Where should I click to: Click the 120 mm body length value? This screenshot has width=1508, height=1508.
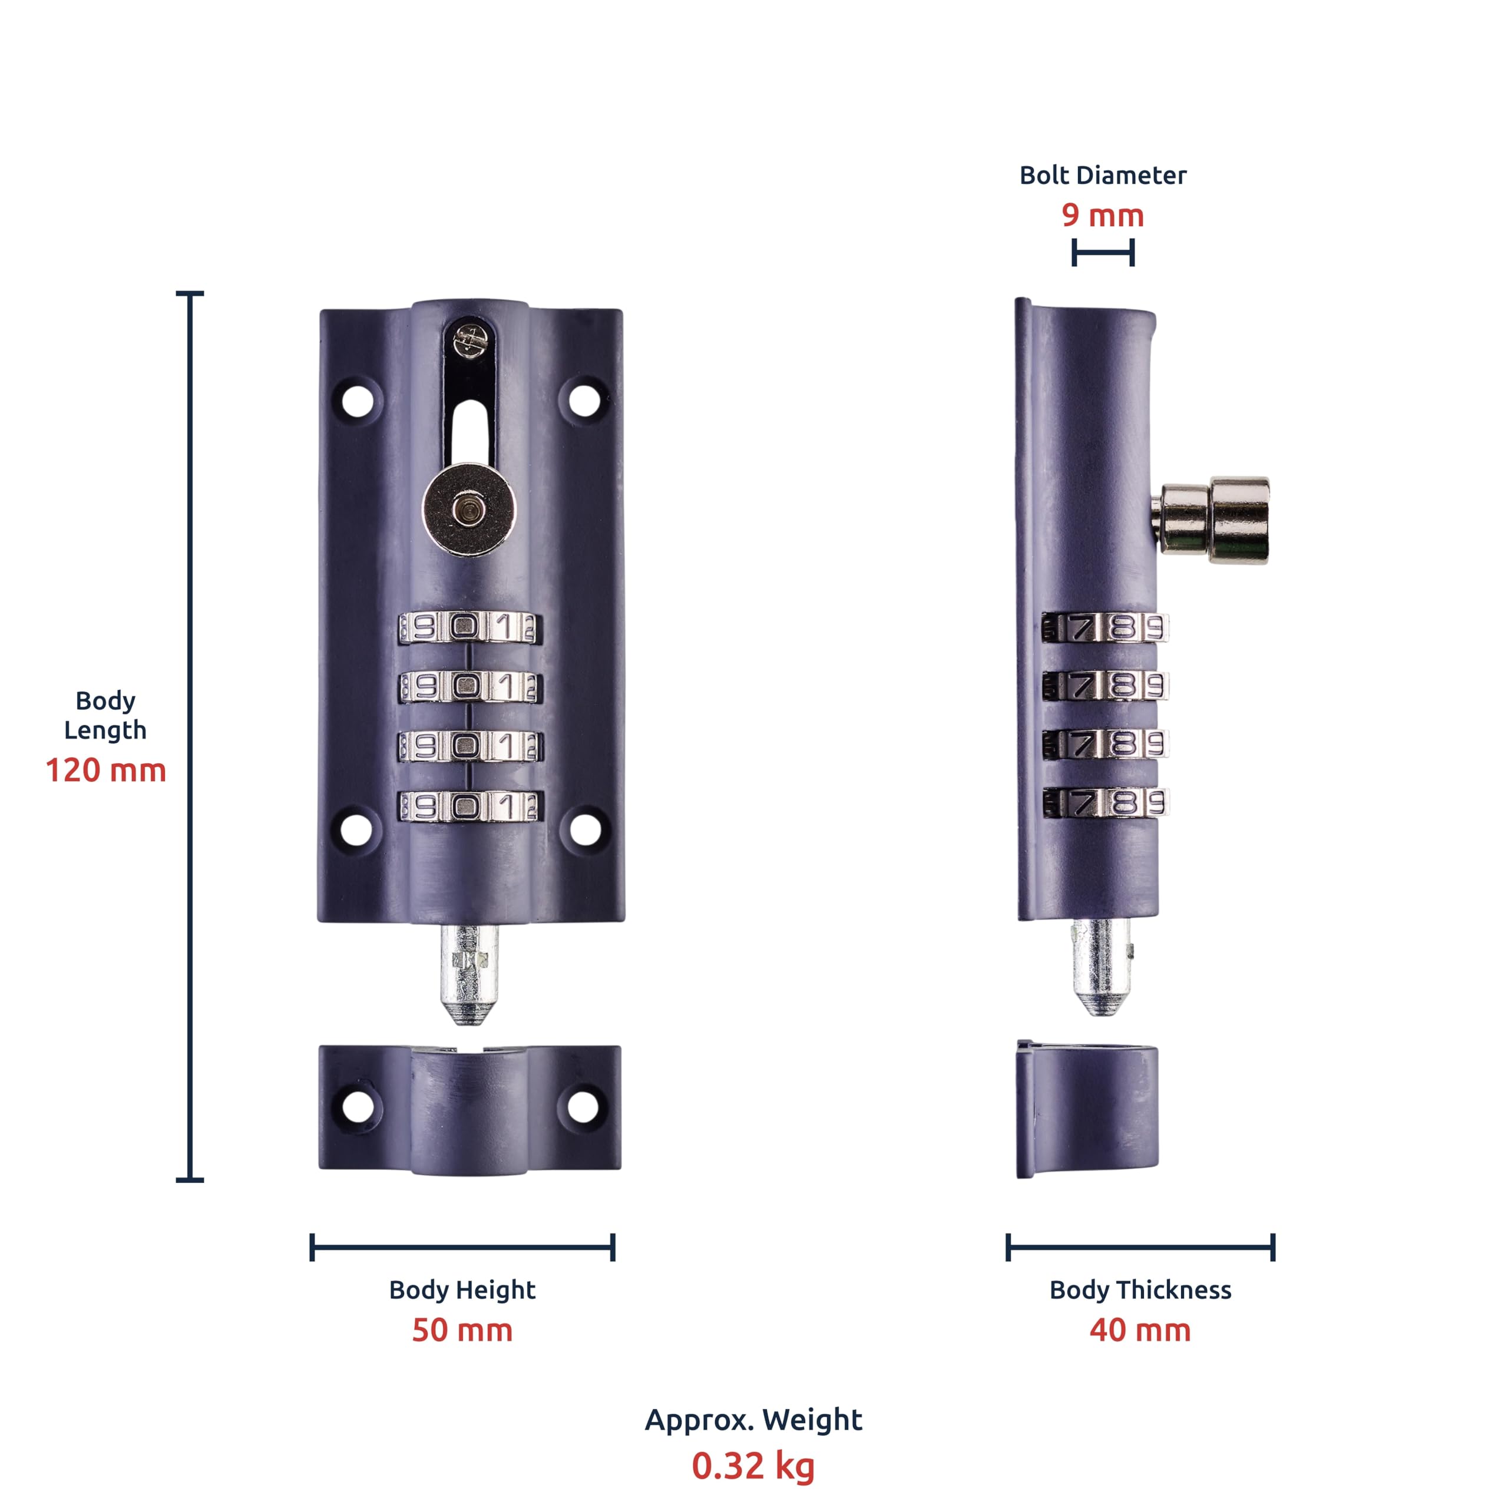click(105, 770)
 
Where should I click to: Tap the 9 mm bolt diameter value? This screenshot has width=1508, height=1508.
click(1102, 216)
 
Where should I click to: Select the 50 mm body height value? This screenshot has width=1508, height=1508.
click(462, 1330)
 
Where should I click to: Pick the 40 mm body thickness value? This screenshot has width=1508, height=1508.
click(1140, 1330)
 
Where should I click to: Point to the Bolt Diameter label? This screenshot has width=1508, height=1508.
click(1102, 175)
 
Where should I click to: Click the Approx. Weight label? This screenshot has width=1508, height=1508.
click(753, 1419)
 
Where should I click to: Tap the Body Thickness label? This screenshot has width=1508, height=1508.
click(1140, 1289)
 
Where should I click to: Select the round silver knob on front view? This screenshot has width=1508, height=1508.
click(468, 510)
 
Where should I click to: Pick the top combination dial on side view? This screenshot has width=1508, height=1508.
click(1104, 627)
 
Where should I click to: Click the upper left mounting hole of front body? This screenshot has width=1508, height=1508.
click(358, 401)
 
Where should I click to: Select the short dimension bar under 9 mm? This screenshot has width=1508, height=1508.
click(1102, 253)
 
